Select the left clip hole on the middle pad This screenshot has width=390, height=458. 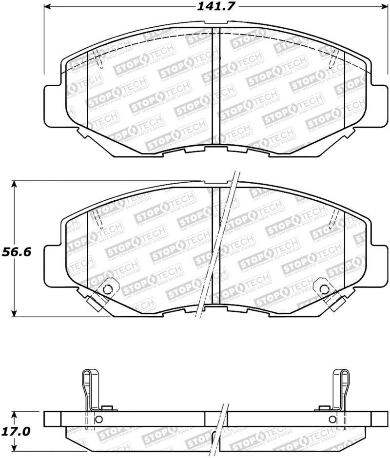108,288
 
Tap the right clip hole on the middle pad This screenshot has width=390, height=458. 322,288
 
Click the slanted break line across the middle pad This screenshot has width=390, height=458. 217,248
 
